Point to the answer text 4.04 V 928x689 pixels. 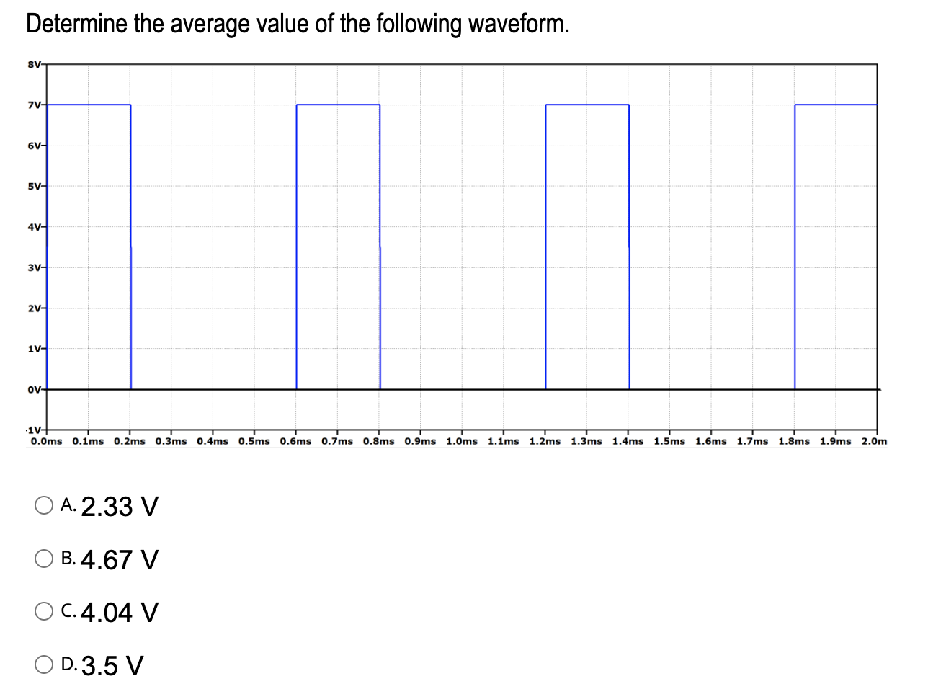(x=120, y=613)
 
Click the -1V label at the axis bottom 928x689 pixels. (x=33, y=430)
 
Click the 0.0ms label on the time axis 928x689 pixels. (x=47, y=441)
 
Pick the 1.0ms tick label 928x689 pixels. (x=462, y=441)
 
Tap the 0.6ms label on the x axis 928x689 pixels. (x=295, y=441)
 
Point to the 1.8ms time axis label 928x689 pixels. (x=794, y=441)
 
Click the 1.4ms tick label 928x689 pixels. (x=628, y=441)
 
